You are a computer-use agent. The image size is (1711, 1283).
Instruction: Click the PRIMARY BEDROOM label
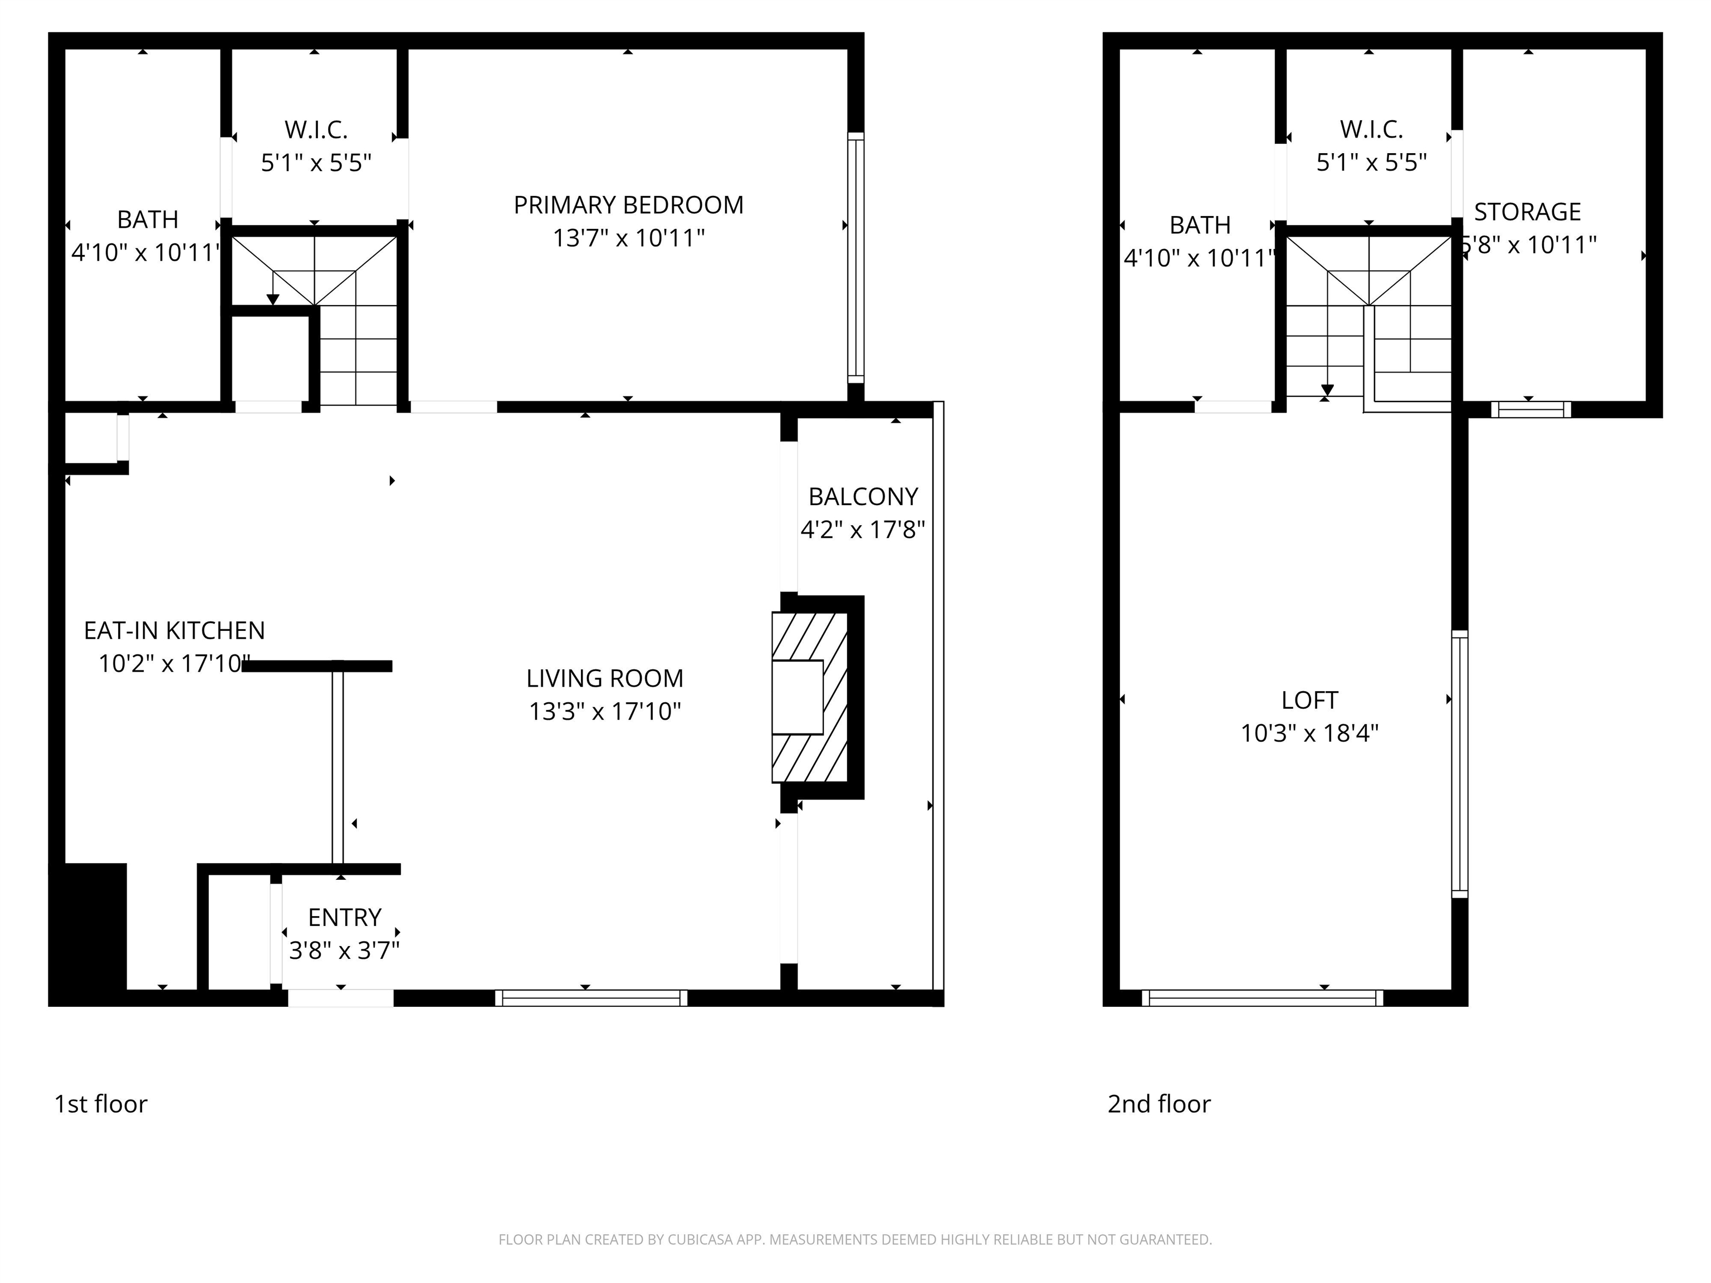tap(628, 205)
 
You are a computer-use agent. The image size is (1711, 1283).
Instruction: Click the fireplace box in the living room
tap(798, 697)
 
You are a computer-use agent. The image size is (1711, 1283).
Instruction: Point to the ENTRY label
tap(344, 917)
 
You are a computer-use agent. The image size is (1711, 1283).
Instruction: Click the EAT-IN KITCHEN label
tap(174, 630)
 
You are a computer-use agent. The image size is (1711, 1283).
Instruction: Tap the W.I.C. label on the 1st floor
tap(316, 129)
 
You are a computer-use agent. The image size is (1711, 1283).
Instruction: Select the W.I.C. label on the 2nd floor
tap(1371, 129)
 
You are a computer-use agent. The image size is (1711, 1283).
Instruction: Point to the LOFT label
tap(1309, 700)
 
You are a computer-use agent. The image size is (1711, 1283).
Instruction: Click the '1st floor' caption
tap(101, 1104)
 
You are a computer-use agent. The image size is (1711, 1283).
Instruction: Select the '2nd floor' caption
tap(1158, 1104)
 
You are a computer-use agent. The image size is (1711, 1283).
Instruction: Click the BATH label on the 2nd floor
tap(1200, 225)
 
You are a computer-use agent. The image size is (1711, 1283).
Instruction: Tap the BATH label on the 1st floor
tap(148, 219)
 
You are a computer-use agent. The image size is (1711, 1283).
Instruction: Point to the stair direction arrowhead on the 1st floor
tap(272, 299)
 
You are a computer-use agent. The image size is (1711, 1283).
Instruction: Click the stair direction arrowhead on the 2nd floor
tap(1327, 390)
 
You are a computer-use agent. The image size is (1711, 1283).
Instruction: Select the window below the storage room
tap(1530, 409)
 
